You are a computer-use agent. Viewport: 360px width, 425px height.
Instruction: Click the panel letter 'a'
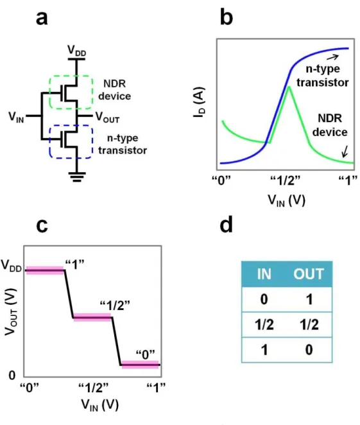point(42,19)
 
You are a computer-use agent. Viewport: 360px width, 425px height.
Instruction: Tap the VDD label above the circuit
point(76,51)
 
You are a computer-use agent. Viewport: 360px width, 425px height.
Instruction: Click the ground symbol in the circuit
point(77,177)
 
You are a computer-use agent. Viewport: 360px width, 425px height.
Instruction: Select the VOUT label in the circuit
point(107,117)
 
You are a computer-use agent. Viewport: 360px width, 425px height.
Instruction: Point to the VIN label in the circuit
point(16,117)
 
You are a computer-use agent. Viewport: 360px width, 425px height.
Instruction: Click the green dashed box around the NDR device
point(49,93)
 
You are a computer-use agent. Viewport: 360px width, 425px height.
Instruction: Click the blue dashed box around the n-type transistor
point(50,142)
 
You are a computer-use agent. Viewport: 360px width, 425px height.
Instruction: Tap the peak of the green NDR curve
point(289,87)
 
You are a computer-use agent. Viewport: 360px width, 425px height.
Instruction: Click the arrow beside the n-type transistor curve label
point(332,57)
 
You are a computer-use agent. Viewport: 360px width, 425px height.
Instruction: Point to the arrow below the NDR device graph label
point(345,152)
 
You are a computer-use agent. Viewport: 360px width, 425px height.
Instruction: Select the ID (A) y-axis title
point(200,103)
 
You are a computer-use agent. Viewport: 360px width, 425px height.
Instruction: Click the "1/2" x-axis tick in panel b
point(286,180)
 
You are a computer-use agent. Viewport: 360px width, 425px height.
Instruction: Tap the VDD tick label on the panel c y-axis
point(12,265)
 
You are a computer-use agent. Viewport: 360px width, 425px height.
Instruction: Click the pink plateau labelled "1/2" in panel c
point(92,317)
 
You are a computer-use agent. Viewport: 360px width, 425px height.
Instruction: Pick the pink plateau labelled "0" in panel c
point(140,365)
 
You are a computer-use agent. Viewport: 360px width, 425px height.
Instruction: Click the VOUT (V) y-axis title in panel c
point(11,312)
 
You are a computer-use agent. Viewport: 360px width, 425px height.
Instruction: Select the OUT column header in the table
point(309,274)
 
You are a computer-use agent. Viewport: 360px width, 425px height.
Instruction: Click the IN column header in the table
point(264,274)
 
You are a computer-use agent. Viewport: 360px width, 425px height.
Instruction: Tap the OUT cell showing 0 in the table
point(309,350)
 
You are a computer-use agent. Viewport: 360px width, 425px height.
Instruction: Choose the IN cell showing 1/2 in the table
point(264,324)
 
